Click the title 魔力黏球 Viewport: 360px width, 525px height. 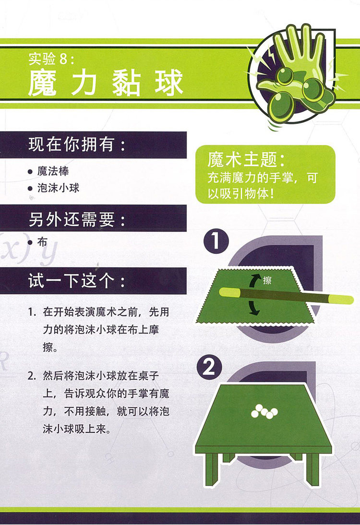(x=106, y=83)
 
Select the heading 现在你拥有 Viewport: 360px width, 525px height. (x=77, y=144)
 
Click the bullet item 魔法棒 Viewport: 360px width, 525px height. (x=53, y=171)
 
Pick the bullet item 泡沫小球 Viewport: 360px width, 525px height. (x=58, y=188)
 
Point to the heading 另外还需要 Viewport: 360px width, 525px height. (x=77, y=220)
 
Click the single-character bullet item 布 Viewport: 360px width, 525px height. (x=42, y=242)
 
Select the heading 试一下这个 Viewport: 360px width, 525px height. (x=77, y=281)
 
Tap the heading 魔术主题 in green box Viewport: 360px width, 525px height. (x=246, y=159)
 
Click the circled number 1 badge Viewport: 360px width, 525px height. (x=216, y=241)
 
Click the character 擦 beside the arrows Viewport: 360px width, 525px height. (x=267, y=280)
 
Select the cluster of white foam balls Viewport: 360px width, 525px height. (x=264, y=411)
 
